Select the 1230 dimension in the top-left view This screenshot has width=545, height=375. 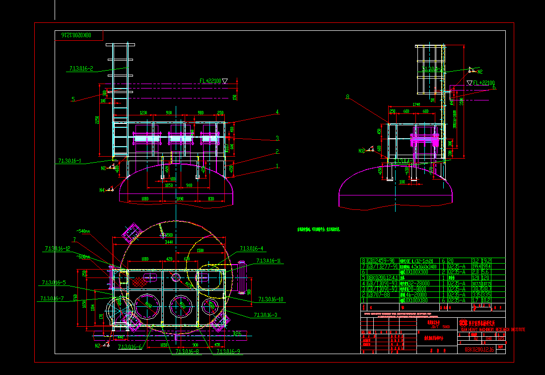143,113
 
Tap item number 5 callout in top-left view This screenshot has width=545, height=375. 73,99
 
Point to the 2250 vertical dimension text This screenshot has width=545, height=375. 98,120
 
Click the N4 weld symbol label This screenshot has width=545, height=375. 102,189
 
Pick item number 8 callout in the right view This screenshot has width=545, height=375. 347,97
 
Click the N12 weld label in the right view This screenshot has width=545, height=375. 362,150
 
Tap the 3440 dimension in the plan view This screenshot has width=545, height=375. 169,242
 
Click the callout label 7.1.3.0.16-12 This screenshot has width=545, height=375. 57,248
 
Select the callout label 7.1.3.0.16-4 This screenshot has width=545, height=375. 251,248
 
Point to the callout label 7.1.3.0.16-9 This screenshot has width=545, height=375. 228,352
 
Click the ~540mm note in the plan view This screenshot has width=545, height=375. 83,231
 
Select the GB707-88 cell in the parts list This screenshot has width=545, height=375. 378,294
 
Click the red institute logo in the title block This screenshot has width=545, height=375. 464,322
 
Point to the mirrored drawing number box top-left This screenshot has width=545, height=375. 79,35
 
